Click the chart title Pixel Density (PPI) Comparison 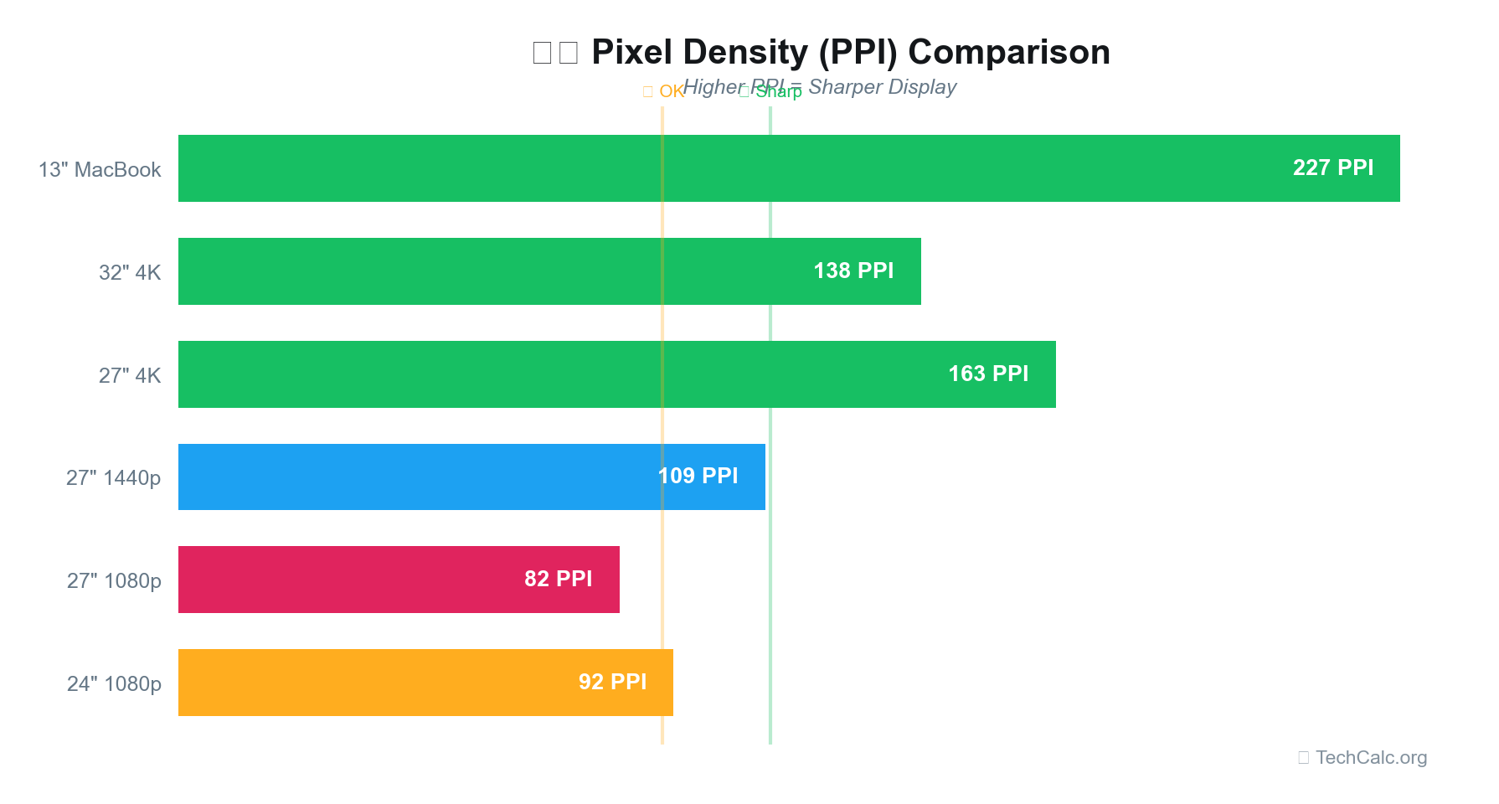click(850, 52)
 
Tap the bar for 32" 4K click(502, 271)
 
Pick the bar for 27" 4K click(502, 374)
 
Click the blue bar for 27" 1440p click(419, 477)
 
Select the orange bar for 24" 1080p click(377, 683)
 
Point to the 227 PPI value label click(1332, 167)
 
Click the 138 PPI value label click(853, 271)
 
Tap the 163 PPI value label click(988, 374)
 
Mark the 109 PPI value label click(698, 476)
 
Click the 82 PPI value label click(558, 579)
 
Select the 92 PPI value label click(612, 682)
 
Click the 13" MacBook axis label click(100, 170)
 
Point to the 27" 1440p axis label click(113, 478)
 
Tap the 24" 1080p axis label click(114, 684)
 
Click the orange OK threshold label click(671, 91)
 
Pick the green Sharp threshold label click(778, 92)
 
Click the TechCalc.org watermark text click(1371, 757)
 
